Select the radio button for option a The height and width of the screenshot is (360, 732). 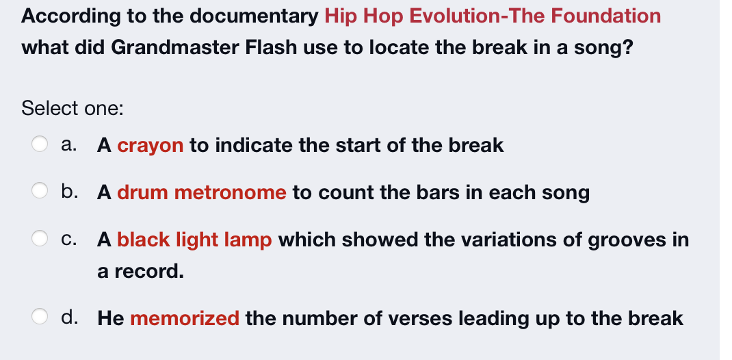40,144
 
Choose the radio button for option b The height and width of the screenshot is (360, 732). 40,192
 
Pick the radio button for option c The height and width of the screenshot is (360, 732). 40,239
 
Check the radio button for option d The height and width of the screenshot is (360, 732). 40,318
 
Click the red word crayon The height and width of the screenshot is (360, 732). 151,145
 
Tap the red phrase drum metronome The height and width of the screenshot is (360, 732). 202,192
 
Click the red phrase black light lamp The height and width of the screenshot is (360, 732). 195,240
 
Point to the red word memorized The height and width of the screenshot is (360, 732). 185,318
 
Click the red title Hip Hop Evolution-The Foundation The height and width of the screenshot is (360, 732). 493,16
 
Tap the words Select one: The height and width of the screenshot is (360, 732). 73,108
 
